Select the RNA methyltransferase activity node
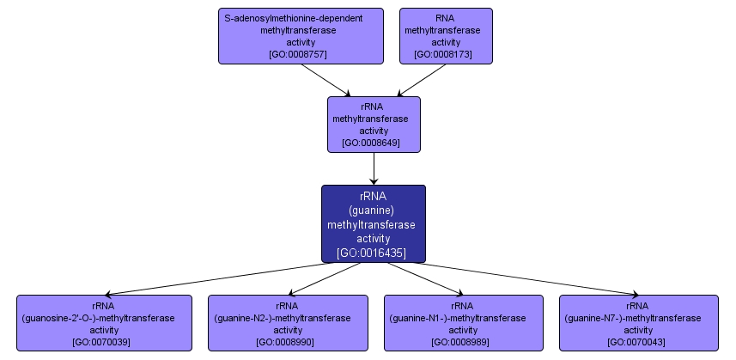coord(446,35)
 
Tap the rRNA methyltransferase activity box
coord(374,124)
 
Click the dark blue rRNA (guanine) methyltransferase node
coord(374,223)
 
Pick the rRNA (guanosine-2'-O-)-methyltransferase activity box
coord(104,322)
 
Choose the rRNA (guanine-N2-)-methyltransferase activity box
coord(287,322)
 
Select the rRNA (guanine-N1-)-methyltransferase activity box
coord(463,322)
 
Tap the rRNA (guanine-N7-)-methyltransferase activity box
coord(638,322)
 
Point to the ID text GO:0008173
coord(446,54)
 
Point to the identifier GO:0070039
coord(104,342)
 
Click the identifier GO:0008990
coord(287,342)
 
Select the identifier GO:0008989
coord(463,342)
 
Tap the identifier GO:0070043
coord(638,342)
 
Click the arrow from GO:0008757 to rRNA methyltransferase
coord(327,80)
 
